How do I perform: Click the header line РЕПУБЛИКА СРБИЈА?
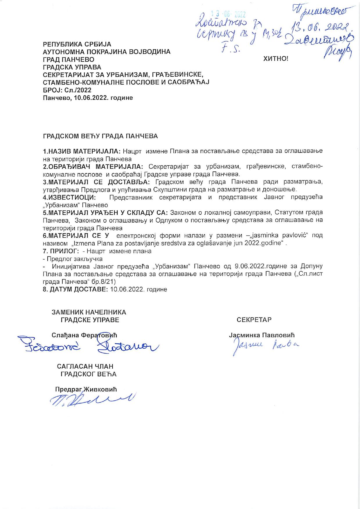77,44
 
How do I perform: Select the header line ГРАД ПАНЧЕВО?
69,60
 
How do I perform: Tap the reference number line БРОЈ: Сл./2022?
67,90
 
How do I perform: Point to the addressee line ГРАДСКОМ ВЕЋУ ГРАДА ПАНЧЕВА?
100,136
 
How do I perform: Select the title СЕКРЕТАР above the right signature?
254,320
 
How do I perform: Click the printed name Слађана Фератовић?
84,335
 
